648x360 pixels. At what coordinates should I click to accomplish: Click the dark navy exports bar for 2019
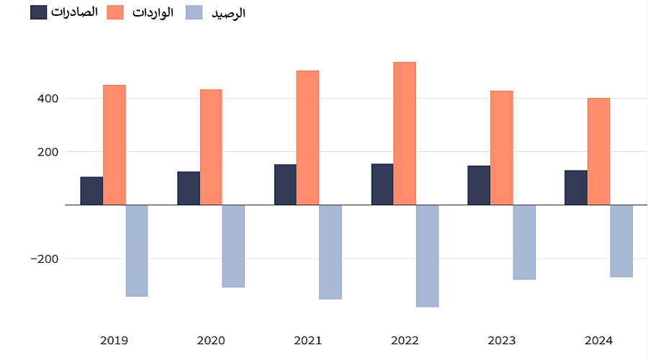(91, 191)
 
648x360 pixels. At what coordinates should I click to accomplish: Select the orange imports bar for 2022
(405, 134)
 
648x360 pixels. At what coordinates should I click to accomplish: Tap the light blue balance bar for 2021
(330, 252)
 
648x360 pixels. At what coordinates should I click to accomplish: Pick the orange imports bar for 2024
(598, 152)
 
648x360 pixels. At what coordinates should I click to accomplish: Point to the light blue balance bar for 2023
(524, 242)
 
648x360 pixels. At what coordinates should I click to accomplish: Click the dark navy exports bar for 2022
(382, 184)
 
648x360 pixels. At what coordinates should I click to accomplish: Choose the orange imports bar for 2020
(211, 148)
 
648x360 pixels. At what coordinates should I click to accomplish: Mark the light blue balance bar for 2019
(137, 251)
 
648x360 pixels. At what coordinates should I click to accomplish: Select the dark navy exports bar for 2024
(576, 188)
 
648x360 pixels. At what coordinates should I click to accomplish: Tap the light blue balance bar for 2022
(427, 256)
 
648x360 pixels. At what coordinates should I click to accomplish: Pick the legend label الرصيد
(228, 13)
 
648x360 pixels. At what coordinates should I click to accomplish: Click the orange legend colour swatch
(115, 12)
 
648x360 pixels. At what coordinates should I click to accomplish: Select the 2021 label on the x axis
(308, 340)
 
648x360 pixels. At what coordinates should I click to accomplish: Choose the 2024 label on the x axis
(598, 340)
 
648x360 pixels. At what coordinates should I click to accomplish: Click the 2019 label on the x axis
(114, 340)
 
